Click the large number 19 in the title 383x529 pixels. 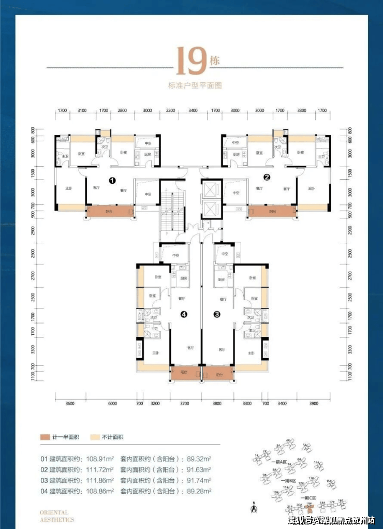192,61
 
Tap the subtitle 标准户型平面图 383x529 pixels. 195,85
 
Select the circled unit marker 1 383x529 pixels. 111,180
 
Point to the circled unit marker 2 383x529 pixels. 267,177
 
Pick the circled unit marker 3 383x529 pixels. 217,314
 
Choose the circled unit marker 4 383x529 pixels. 183,314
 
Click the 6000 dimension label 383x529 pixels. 112,404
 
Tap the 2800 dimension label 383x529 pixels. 122,111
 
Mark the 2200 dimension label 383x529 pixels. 171,111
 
